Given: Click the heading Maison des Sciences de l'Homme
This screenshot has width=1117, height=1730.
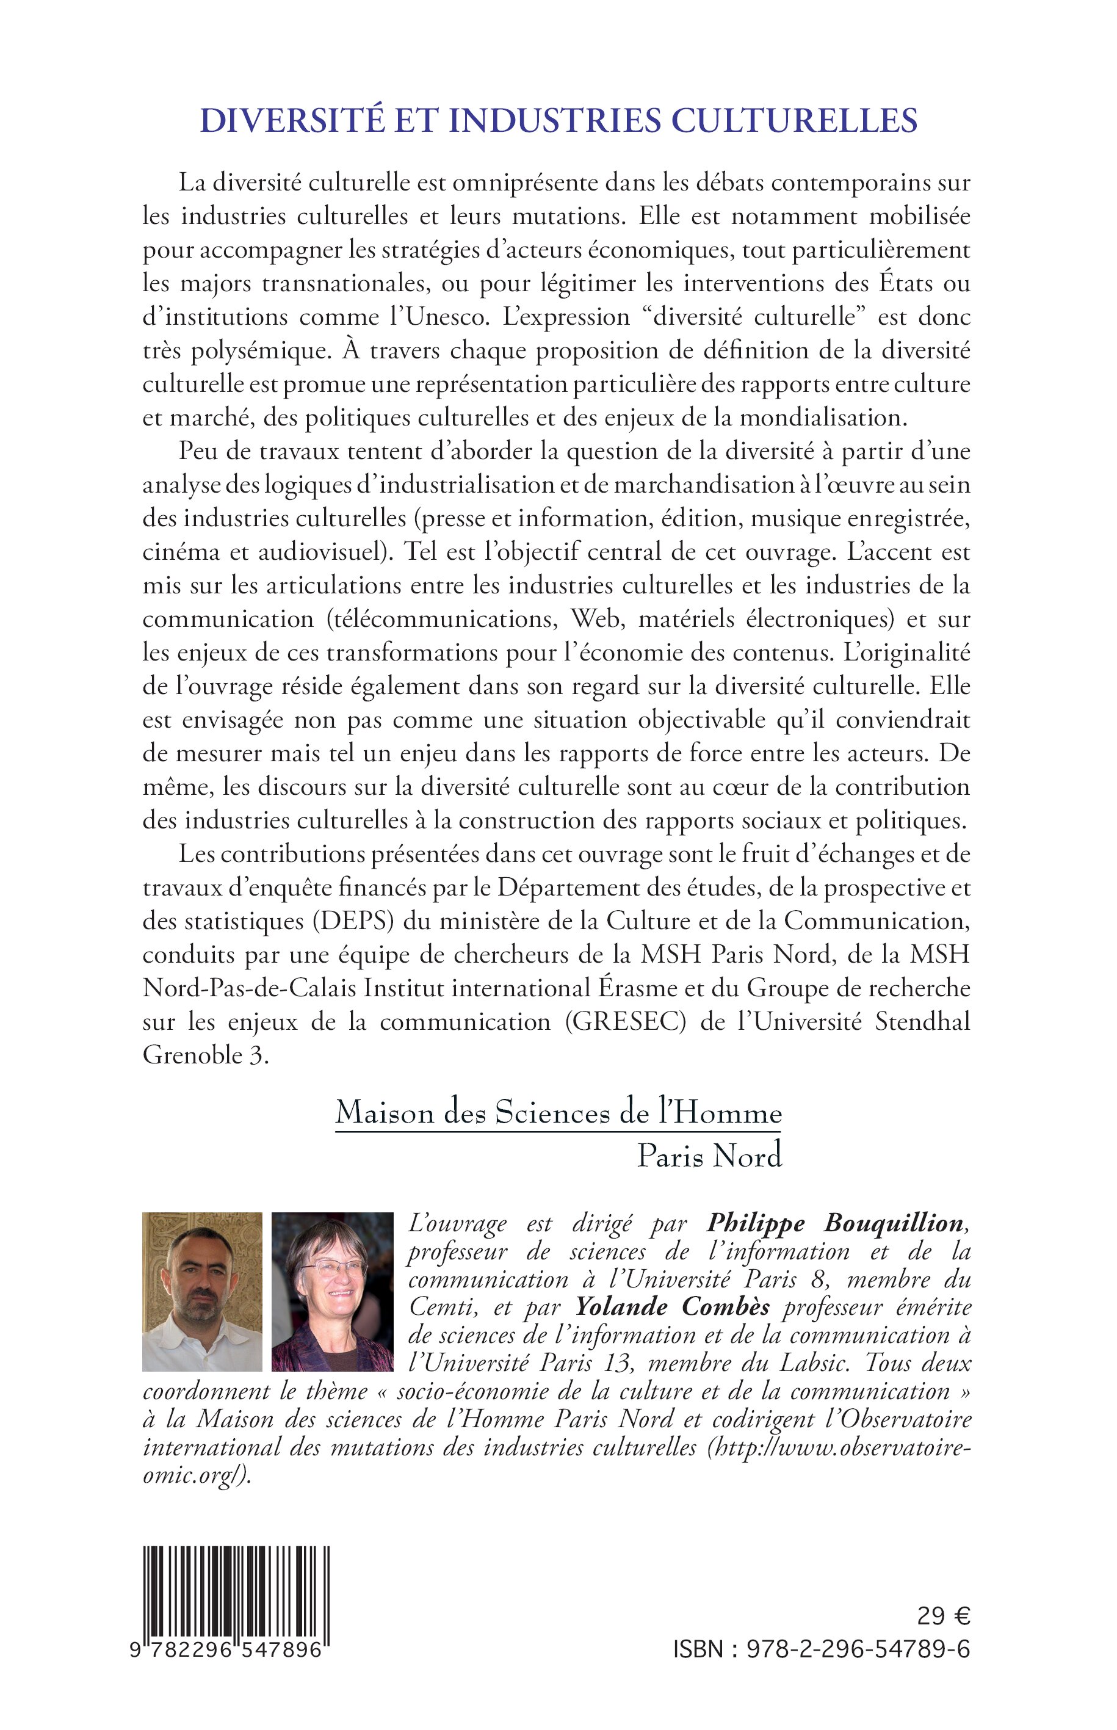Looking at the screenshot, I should click(x=558, y=1113).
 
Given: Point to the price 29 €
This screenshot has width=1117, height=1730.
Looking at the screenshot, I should click(x=942, y=1616).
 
